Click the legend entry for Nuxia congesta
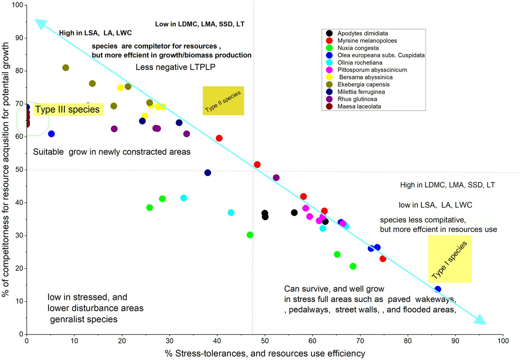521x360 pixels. click(358, 48)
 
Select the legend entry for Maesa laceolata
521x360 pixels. click(359, 106)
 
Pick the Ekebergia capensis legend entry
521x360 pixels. click(363, 85)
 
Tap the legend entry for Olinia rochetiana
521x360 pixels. click(359, 62)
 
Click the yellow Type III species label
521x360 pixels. click(68, 109)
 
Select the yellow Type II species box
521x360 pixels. click(223, 101)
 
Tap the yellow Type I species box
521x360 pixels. click(450, 259)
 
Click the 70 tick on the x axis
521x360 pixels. click(360, 341)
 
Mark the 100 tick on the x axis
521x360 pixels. click(503, 341)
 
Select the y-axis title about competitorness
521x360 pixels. click(5, 169)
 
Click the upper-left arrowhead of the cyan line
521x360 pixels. click(40, 24)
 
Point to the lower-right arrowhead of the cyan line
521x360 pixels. click(480, 320)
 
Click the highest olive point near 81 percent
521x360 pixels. click(66, 68)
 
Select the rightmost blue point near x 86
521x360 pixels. click(438, 289)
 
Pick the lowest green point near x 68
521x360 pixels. click(353, 266)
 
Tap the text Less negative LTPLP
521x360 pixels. click(175, 67)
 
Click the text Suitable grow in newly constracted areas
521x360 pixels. click(112, 152)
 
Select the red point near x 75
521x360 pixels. click(383, 259)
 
